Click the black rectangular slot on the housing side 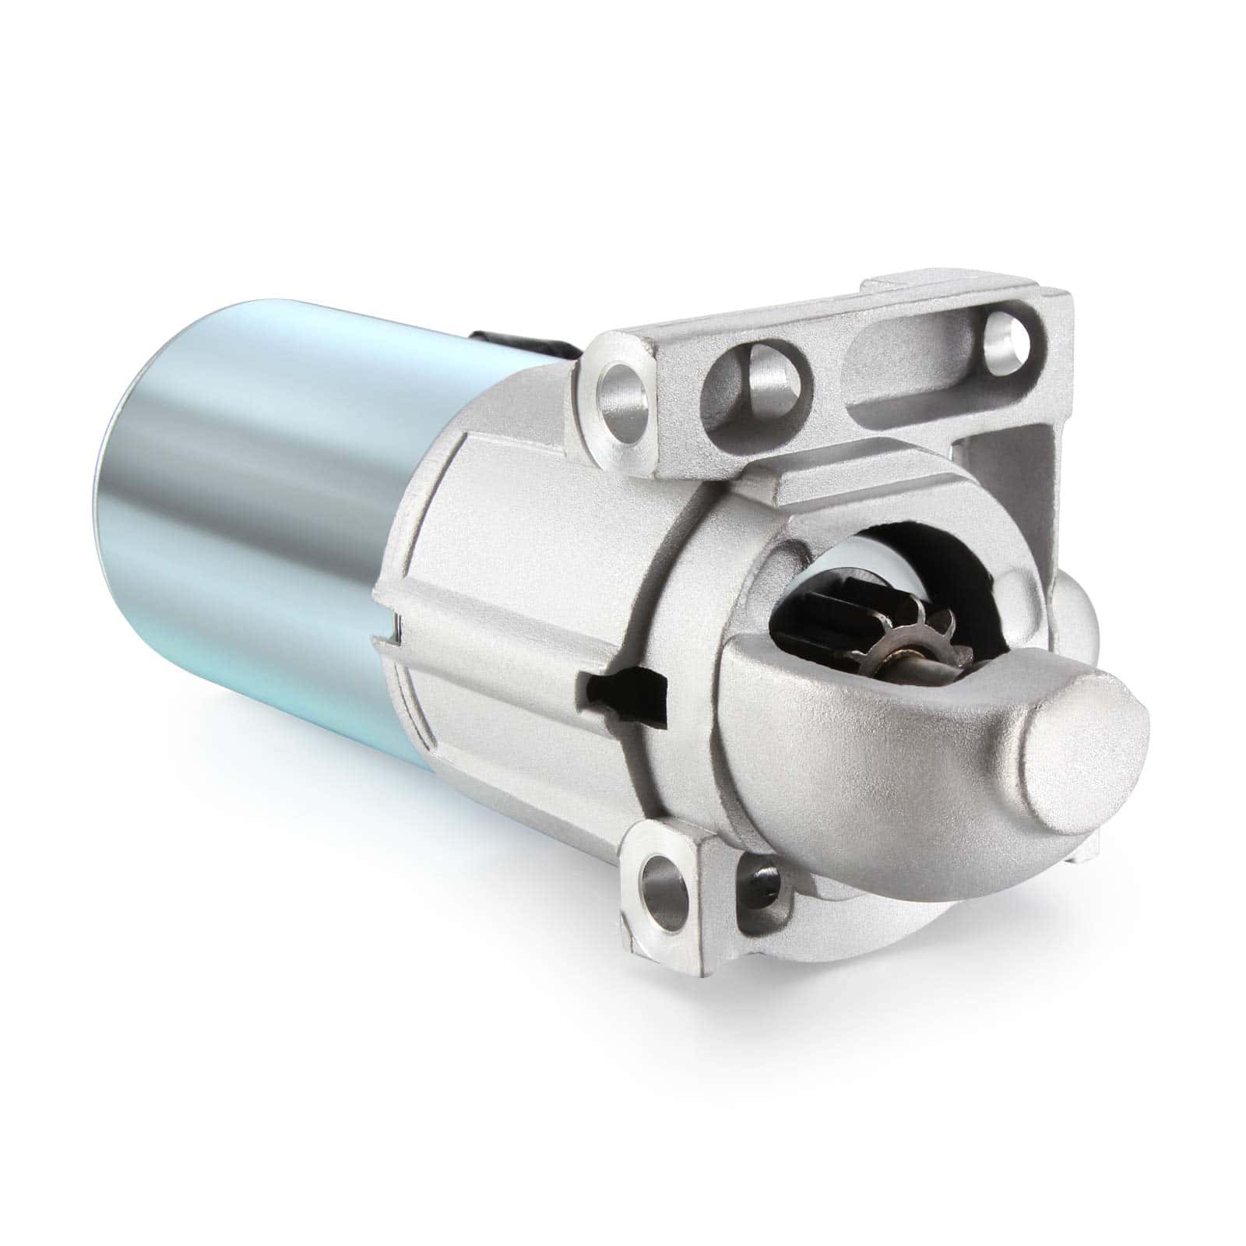tap(623, 687)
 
